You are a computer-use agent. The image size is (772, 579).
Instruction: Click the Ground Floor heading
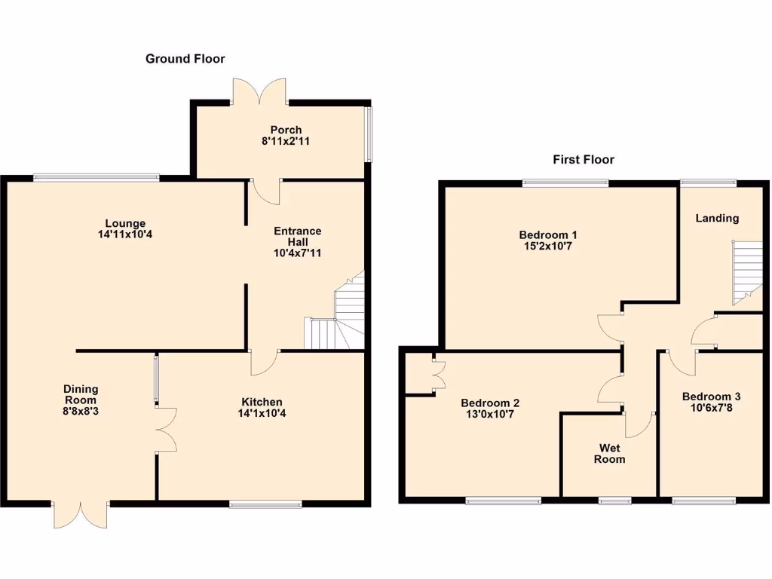pyautogui.click(x=185, y=59)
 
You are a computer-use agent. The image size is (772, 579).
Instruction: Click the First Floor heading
pyautogui.click(x=583, y=159)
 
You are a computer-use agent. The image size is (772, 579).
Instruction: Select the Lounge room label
pyautogui.click(x=125, y=223)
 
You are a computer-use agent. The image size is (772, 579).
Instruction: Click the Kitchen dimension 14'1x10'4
pyautogui.click(x=262, y=413)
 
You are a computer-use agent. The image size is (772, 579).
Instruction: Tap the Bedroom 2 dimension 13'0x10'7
pyautogui.click(x=490, y=414)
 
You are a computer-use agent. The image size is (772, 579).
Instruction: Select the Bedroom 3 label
pyautogui.click(x=711, y=397)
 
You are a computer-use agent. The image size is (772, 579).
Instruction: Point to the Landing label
pyautogui.click(x=717, y=218)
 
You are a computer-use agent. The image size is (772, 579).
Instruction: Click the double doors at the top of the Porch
pyautogui.click(x=259, y=90)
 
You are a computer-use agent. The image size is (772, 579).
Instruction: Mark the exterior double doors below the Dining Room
pyautogui.click(x=80, y=514)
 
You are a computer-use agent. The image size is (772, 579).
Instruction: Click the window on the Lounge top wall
pyautogui.click(x=96, y=178)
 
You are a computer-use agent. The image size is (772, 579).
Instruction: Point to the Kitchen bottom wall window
pyautogui.click(x=265, y=504)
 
